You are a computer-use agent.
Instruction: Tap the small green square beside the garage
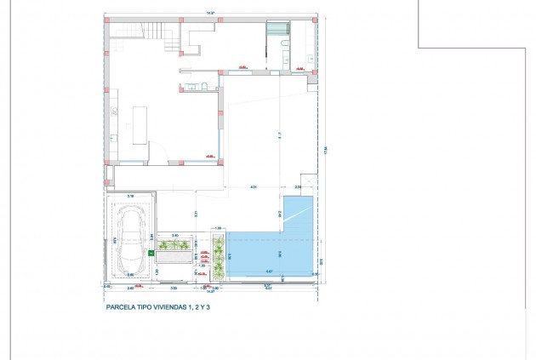coord(151,253)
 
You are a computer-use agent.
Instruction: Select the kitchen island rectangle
coord(140,123)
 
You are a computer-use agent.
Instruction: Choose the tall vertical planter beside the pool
coord(218,258)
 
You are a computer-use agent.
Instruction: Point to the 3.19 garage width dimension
coord(131,196)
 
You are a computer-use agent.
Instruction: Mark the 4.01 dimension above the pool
coord(254,186)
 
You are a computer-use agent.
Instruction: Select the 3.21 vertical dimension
coord(196,214)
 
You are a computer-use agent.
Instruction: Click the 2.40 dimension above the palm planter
coord(175,235)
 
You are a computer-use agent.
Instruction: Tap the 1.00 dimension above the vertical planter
coord(218,228)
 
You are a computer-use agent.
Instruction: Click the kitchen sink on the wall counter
coord(111,136)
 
